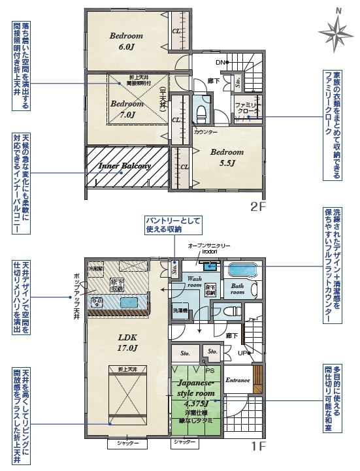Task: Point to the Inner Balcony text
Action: [124, 166]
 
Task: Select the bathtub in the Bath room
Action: [242, 270]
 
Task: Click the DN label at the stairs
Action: [221, 63]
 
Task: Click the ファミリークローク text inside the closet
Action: [248, 108]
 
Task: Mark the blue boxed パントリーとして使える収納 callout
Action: [173, 224]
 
